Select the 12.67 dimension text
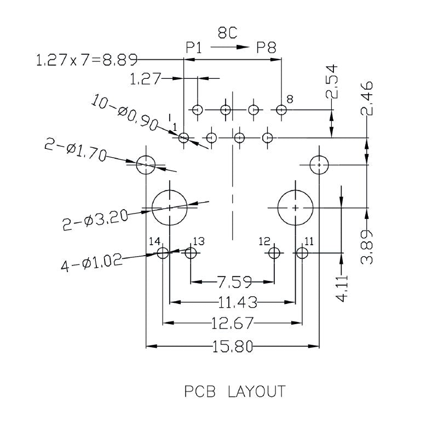click(x=232, y=324)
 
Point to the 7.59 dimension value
click(x=234, y=283)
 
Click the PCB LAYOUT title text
click(x=234, y=392)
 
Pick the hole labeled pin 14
click(x=163, y=253)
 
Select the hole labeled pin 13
click(x=191, y=253)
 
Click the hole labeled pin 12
click(x=274, y=253)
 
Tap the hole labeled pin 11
click(x=302, y=253)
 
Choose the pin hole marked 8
click(x=281, y=110)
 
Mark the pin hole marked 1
click(x=184, y=138)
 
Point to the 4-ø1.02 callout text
click(x=91, y=264)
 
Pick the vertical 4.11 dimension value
click(x=342, y=289)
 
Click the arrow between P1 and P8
click(x=229, y=48)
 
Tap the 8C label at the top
click(x=227, y=34)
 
